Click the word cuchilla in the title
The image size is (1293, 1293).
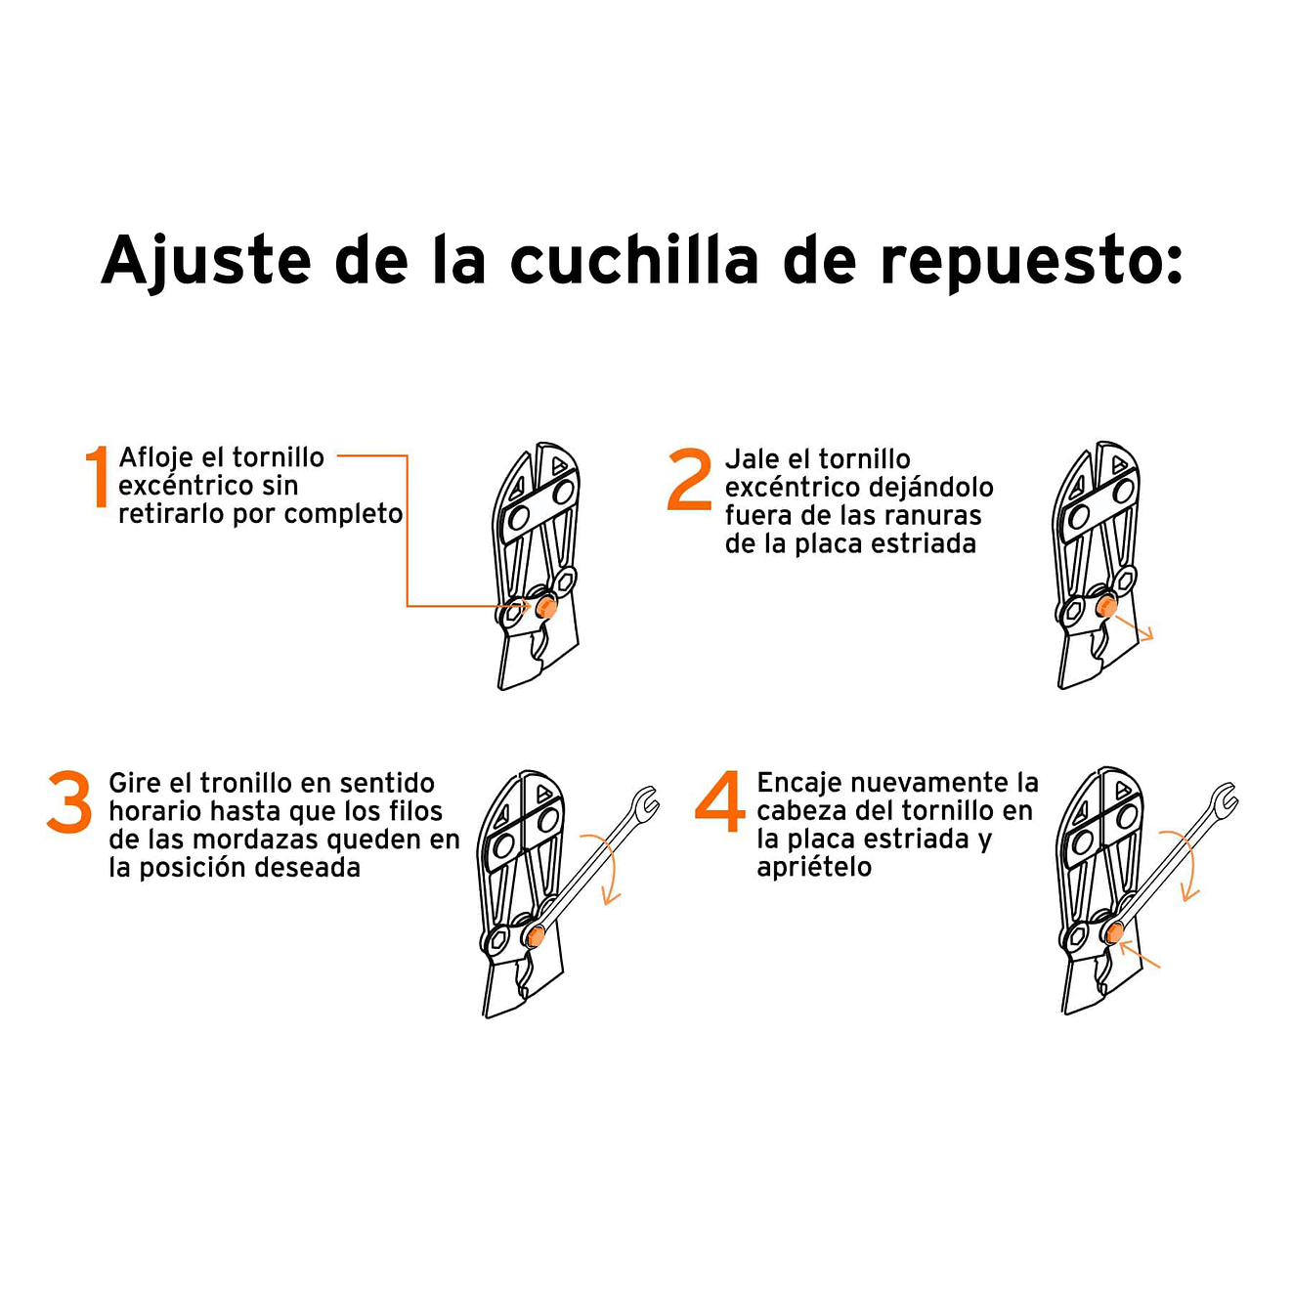click(x=633, y=261)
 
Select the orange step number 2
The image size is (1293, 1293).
click(x=689, y=479)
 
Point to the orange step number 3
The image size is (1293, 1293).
click(x=69, y=802)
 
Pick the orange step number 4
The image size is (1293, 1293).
click(x=720, y=801)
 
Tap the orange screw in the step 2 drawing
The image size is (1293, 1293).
click(x=1106, y=607)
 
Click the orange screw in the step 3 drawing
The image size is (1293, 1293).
click(x=535, y=937)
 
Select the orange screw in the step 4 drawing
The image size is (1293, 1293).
click(x=1114, y=932)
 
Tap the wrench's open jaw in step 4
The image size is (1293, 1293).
click(x=1225, y=799)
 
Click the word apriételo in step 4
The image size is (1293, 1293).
click(x=813, y=867)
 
